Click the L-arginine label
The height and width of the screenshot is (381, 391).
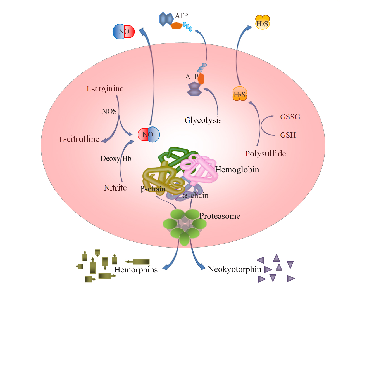click(105, 89)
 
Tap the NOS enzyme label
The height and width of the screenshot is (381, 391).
click(109, 112)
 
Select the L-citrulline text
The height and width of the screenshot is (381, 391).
click(79, 139)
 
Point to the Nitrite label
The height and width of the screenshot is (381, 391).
click(115, 188)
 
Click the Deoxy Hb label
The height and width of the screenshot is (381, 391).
click(116, 159)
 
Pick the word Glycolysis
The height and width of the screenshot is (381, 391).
click(203, 120)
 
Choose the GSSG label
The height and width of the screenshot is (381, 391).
click(290, 117)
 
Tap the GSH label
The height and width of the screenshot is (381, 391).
click(288, 135)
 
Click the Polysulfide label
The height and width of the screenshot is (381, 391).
click(266, 154)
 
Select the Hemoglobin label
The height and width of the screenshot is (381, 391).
click(237, 170)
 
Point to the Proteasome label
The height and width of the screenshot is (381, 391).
click(220, 216)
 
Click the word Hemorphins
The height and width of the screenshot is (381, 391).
click(136, 270)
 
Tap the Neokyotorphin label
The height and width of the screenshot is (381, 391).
click(235, 269)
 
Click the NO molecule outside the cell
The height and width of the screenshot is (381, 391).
click(124, 32)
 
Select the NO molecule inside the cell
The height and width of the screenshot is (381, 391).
click(149, 135)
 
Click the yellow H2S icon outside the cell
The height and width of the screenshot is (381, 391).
click(263, 23)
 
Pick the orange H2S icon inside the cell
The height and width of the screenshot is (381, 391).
click(240, 94)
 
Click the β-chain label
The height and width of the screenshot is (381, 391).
click(153, 189)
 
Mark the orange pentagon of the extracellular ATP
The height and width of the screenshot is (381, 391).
click(177, 25)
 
